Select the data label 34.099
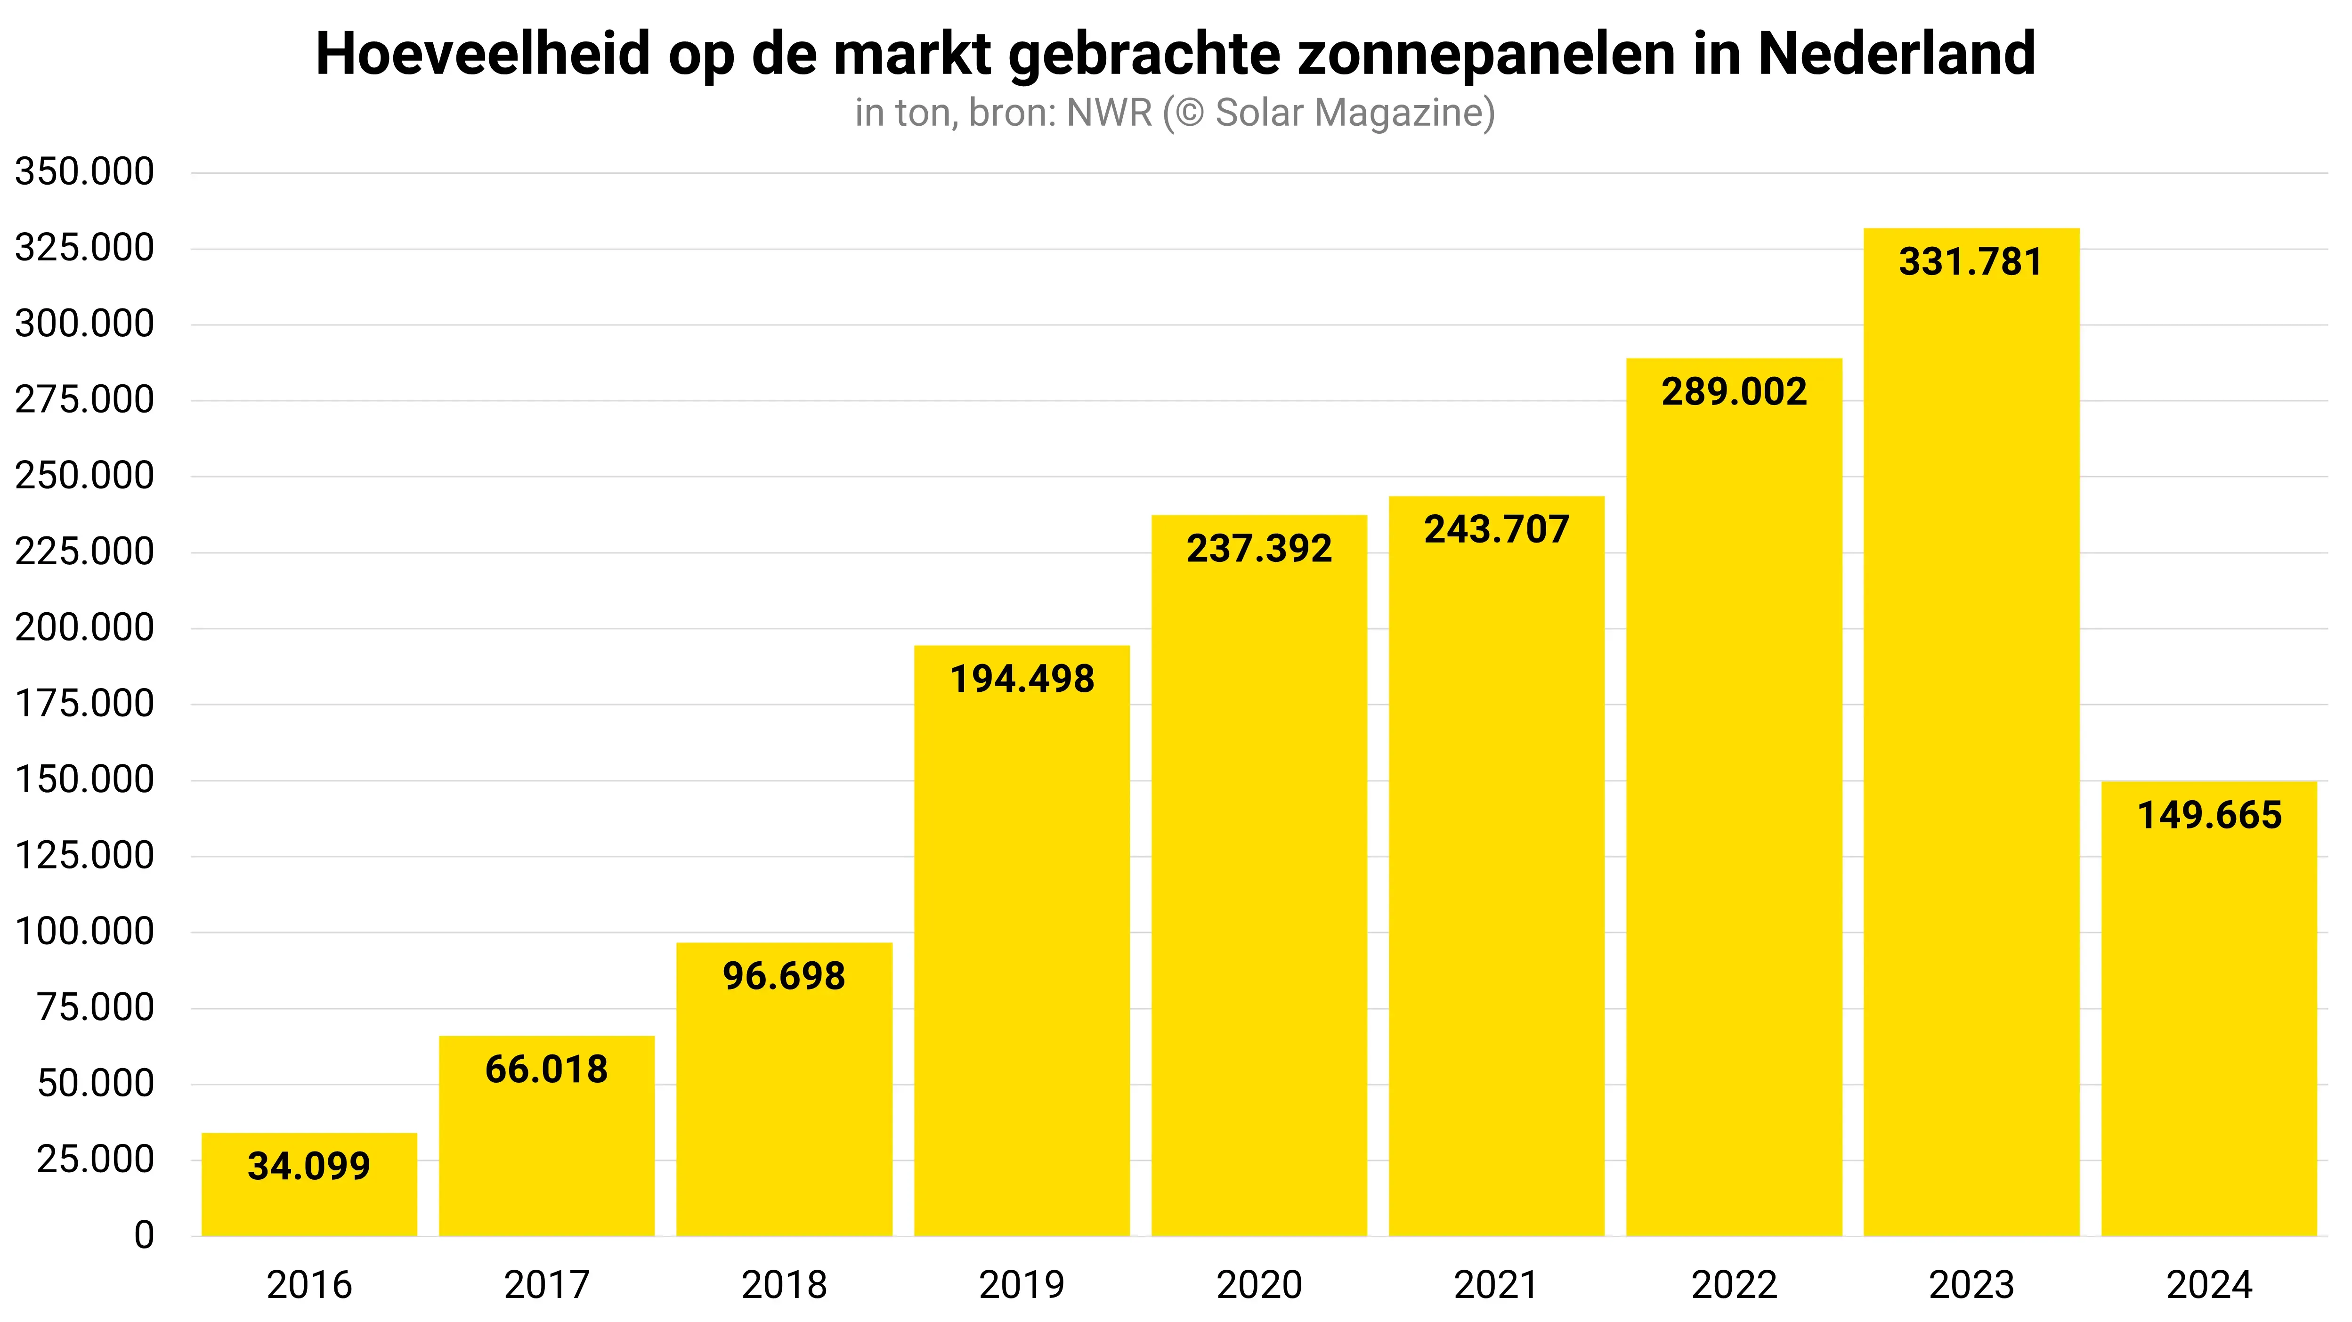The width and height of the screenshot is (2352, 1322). tap(308, 1167)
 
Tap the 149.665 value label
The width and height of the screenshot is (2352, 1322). tap(2210, 815)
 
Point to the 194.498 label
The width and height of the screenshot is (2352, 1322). tap(1022, 679)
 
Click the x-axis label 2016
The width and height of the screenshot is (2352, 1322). tap(308, 1285)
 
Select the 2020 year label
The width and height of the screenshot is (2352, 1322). tap(1259, 1285)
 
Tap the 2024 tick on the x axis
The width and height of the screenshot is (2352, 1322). tap(2210, 1285)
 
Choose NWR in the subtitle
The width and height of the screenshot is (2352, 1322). tap(1109, 113)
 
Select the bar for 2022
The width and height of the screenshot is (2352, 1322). tap(1734, 822)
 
